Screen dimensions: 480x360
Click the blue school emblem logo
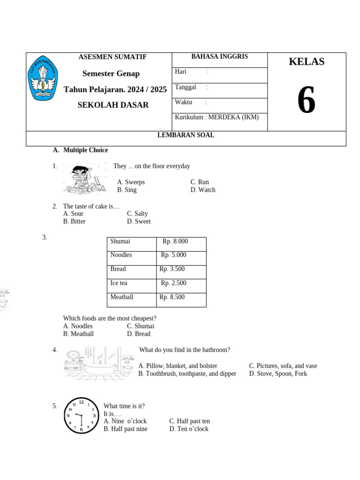click(44, 78)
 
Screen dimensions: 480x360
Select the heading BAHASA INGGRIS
click(219, 57)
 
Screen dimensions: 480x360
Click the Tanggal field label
click(186, 87)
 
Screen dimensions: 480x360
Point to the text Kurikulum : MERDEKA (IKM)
click(217, 117)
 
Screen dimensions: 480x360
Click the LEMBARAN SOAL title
click(186, 135)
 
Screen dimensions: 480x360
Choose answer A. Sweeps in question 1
click(131, 182)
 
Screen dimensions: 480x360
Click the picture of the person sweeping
click(84, 179)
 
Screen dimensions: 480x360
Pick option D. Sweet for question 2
click(139, 221)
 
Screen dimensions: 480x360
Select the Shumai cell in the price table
click(120, 241)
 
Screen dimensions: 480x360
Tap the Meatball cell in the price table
click(122, 297)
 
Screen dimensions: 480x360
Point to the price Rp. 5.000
click(173, 255)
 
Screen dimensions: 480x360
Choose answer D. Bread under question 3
click(138, 334)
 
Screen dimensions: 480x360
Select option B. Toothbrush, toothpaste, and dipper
click(187, 374)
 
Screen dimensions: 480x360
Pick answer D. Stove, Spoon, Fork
click(278, 374)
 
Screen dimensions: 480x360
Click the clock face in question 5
click(81, 415)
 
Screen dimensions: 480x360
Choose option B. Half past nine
click(125, 429)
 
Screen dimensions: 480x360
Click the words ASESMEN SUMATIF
click(112, 57)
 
